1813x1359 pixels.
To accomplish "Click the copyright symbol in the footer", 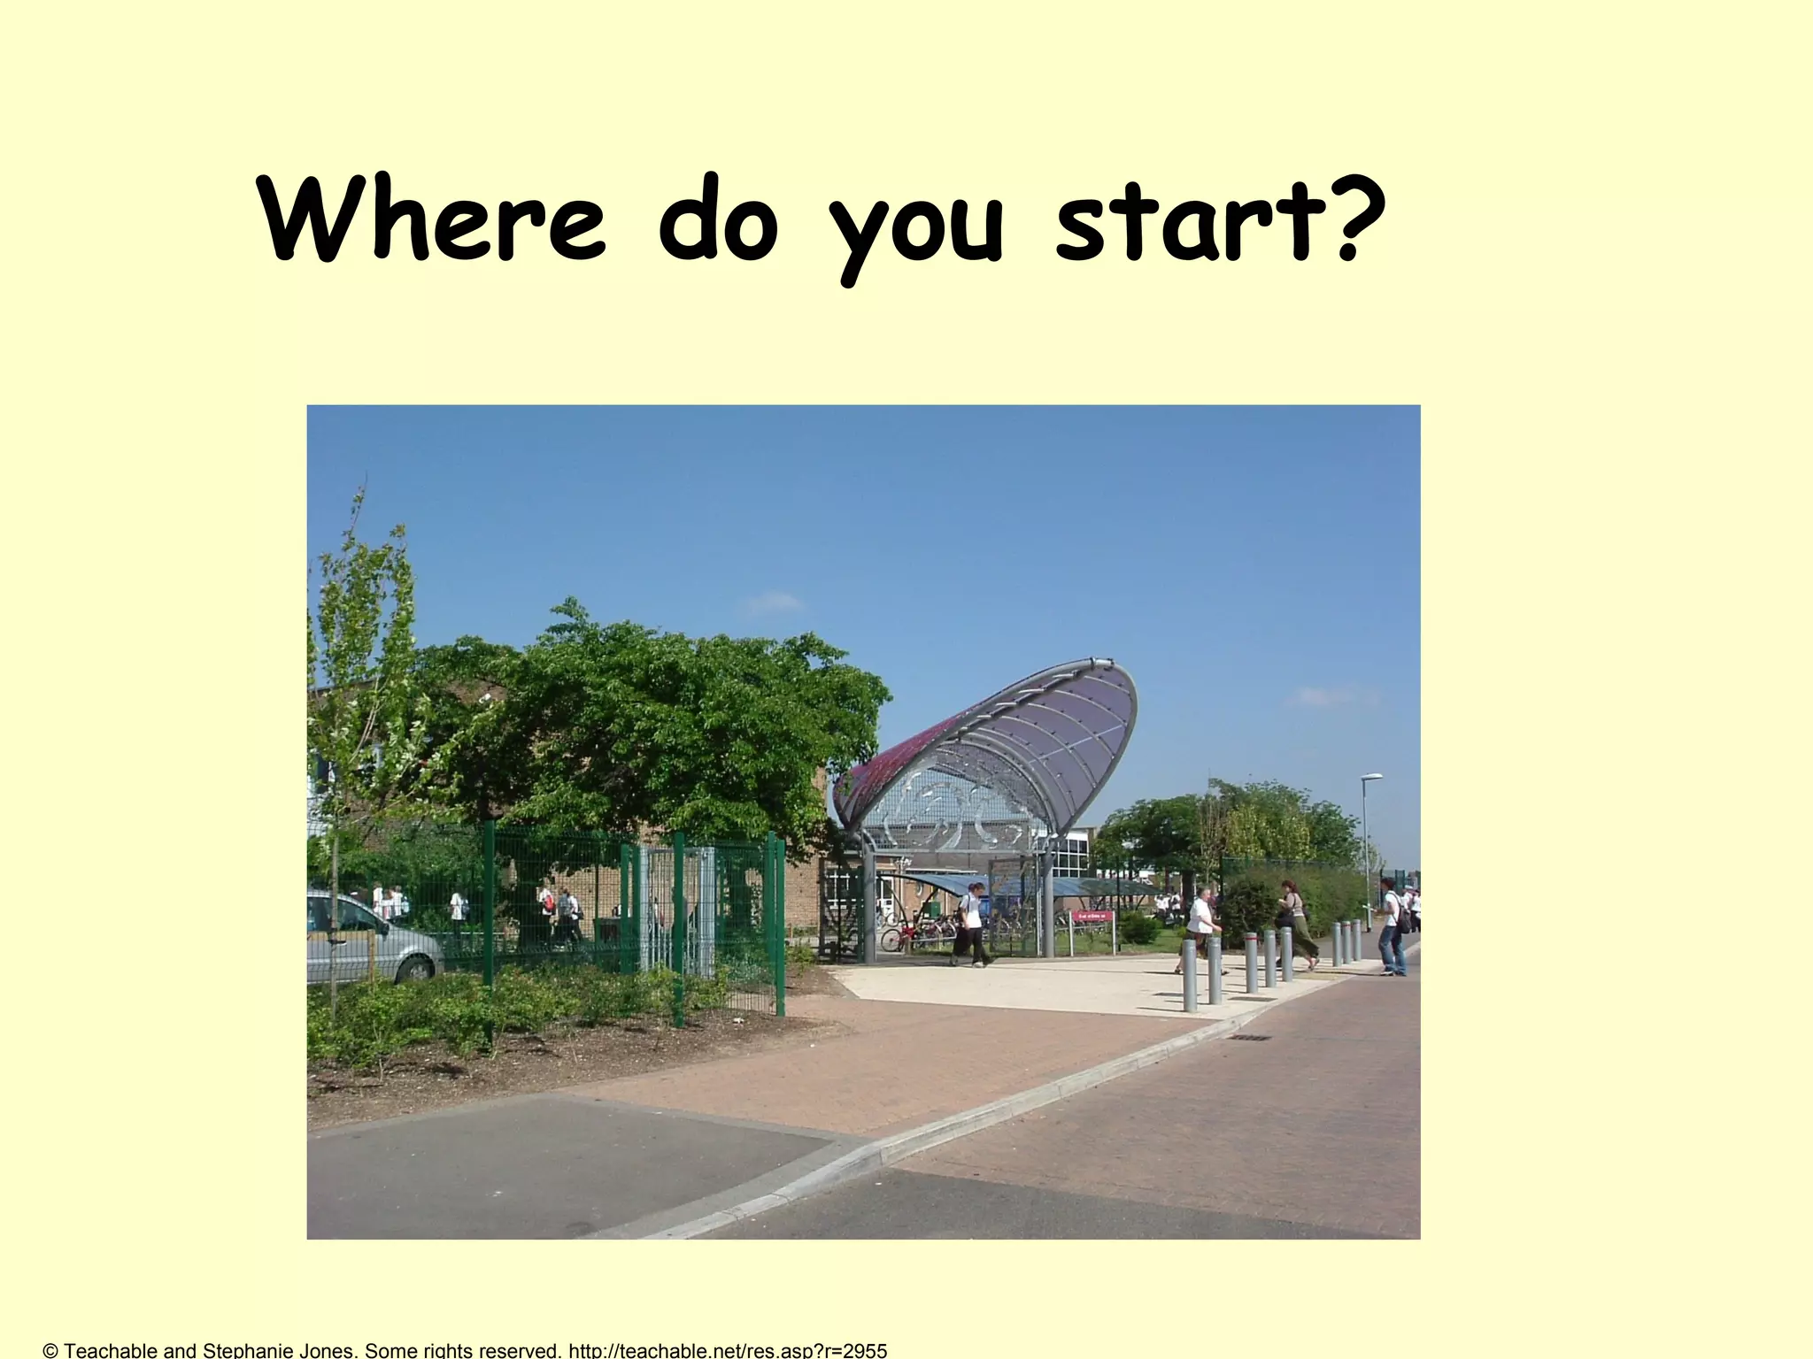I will (x=50, y=1350).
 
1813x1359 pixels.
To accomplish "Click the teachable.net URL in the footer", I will (x=727, y=1350).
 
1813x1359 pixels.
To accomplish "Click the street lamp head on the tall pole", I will (x=1370, y=777).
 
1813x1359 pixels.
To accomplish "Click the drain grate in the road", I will (x=1249, y=1037).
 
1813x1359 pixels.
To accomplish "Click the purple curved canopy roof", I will (x=1018, y=743).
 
